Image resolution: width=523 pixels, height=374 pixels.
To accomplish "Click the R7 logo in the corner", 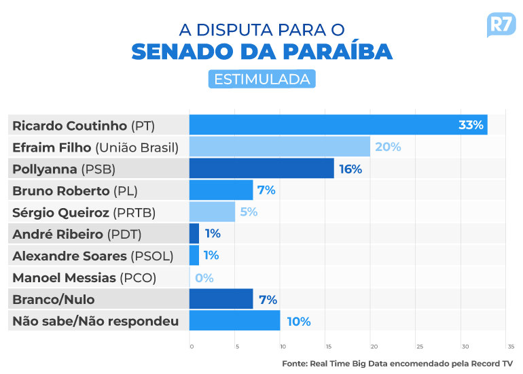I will pyautogui.click(x=501, y=25).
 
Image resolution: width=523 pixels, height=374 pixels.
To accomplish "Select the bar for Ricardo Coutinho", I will pyautogui.click(x=338, y=125).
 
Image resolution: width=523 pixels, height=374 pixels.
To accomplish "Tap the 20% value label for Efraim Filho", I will pyautogui.click(x=388, y=147).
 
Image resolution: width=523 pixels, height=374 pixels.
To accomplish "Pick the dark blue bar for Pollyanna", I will pyautogui.click(x=261, y=169).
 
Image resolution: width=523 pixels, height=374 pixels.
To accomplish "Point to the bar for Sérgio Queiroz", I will pyautogui.click(x=212, y=212).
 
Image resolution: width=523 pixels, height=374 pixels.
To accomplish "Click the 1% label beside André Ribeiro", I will pyautogui.click(x=213, y=234).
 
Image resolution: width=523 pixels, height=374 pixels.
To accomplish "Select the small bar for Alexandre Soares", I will pyautogui.click(x=194, y=256).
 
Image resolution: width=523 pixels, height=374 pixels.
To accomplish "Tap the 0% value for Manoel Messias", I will pyautogui.click(x=204, y=277).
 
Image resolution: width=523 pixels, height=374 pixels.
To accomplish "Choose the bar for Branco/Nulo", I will pyautogui.click(x=221, y=299).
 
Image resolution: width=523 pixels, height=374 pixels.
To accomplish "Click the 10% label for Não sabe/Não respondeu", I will pyautogui.click(x=298, y=321).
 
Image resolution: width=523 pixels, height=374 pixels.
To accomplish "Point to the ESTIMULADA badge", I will pyautogui.click(x=261, y=79).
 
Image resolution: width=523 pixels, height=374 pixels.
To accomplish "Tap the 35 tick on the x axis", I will pyautogui.click(x=510, y=347).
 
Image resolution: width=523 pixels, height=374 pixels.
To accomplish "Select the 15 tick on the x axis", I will pyautogui.click(x=327, y=347).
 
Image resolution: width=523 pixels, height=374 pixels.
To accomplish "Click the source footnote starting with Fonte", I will pyautogui.click(x=397, y=363).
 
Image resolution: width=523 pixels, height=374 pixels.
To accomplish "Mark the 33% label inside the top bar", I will pyautogui.click(x=471, y=125).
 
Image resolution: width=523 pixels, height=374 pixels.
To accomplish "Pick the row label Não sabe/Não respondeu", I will pyautogui.click(x=96, y=321).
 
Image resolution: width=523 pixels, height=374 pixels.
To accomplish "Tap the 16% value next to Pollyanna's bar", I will pyautogui.click(x=350, y=169).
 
